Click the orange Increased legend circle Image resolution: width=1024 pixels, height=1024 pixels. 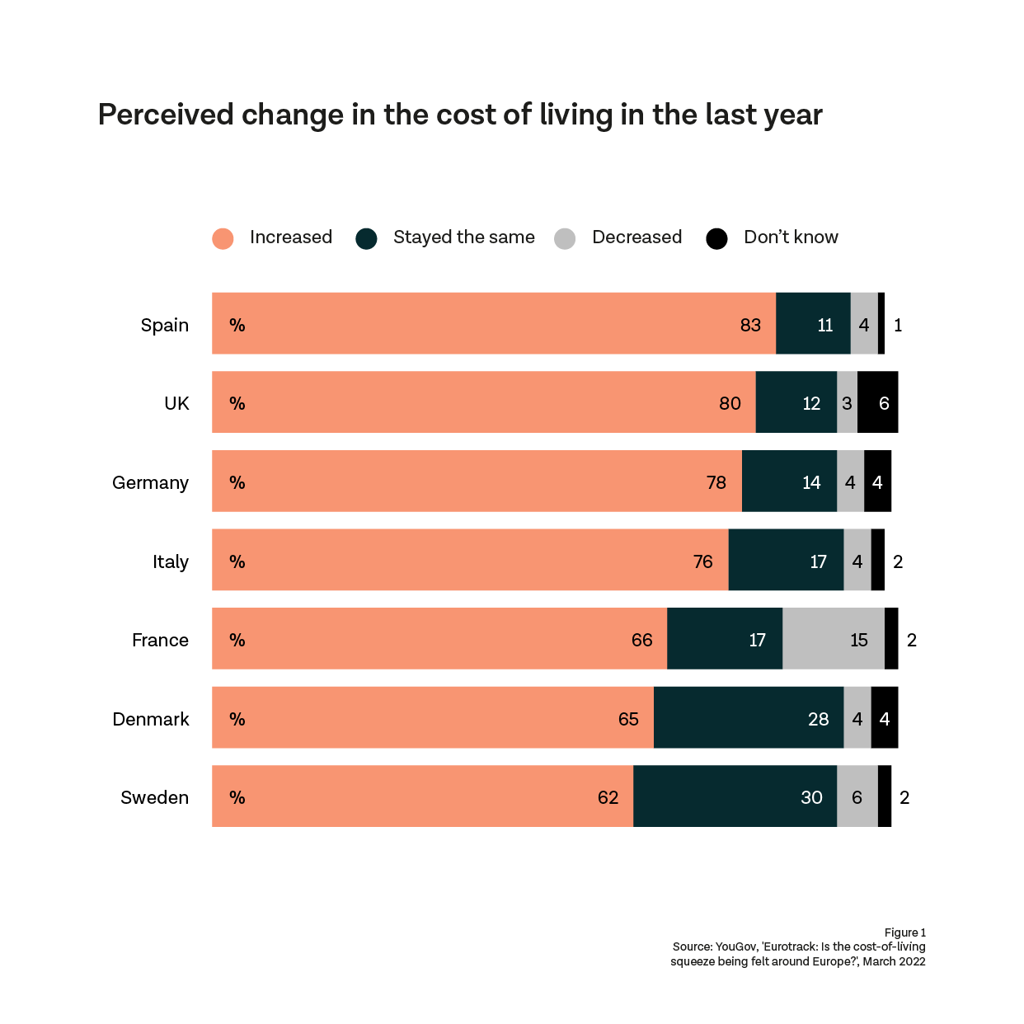tap(223, 238)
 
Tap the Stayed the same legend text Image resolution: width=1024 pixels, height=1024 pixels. tap(463, 237)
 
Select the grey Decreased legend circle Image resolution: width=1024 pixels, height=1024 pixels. tap(565, 238)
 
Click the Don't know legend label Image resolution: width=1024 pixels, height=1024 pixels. tap(790, 237)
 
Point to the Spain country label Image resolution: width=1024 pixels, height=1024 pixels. tap(164, 325)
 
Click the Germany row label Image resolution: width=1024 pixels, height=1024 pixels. tap(150, 482)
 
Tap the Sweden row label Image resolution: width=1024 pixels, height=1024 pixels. tap(154, 797)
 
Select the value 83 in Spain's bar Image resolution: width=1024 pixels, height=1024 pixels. tap(749, 325)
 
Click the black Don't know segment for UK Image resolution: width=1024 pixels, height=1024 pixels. tap(877, 402)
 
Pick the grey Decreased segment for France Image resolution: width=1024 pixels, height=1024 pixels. tap(833, 639)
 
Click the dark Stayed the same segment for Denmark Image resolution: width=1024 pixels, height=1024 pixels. tap(748, 718)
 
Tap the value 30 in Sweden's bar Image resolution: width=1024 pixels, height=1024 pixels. tap(811, 797)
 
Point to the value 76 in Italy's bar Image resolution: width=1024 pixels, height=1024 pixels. tap(702, 561)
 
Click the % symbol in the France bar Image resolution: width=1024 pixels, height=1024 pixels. tap(237, 640)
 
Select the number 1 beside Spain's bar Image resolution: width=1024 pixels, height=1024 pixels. tap(898, 325)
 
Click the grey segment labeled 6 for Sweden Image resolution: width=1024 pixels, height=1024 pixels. tap(857, 797)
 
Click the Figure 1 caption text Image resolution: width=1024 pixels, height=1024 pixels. tap(904, 932)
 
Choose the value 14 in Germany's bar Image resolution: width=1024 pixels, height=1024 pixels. tap(811, 482)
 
